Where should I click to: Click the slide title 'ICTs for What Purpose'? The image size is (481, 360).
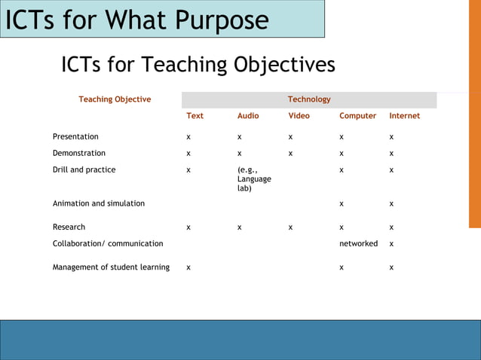click(x=136, y=20)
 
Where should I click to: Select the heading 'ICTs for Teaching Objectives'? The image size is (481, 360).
click(x=198, y=65)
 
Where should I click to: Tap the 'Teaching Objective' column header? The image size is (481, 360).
click(x=115, y=99)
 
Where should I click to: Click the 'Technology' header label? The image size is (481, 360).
click(x=309, y=99)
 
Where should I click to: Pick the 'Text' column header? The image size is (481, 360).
click(x=195, y=116)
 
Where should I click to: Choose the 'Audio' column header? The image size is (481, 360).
click(x=248, y=116)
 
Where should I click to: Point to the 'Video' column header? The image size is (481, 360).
click(x=299, y=116)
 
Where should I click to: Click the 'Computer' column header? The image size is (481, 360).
click(x=357, y=116)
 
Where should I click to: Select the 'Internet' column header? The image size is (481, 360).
click(x=404, y=116)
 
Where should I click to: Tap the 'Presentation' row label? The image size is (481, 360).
click(x=75, y=137)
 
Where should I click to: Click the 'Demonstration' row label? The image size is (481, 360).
click(x=79, y=153)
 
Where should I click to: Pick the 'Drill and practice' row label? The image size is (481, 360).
click(x=84, y=169)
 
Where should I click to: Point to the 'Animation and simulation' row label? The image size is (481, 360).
click(x=99, y=203)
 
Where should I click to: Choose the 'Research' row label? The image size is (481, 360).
click(x=69, y=227)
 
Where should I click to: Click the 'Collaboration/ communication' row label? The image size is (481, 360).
click(x=108, y=243)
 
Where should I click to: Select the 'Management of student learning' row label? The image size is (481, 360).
click(x=111, y=267)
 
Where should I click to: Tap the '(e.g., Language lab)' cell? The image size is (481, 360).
click(x=253, y=179)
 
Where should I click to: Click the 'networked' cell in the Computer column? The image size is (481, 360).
click(x=358, y=243)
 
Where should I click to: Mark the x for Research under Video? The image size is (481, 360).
click(x=291, y=227)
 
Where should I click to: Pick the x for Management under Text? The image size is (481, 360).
click(x=188, y=268)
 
